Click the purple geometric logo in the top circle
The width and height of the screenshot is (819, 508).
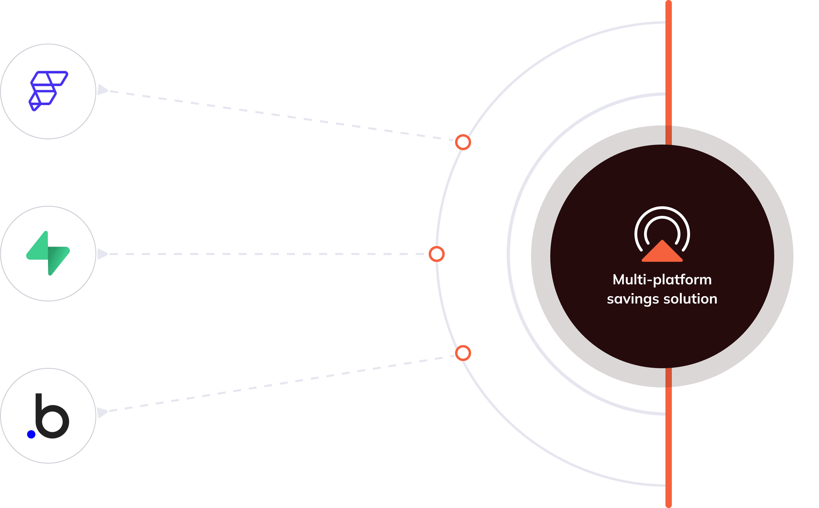click(48, 91)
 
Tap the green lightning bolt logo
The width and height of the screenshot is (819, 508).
click(48, 253)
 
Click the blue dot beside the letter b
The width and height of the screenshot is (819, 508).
click(31, 435)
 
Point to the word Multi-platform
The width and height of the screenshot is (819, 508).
click(662, 280)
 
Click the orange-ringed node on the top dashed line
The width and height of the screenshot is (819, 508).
click(463, 142)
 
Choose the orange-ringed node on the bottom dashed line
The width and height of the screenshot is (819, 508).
click(463, 353)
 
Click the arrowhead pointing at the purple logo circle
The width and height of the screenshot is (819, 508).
click(102, 90)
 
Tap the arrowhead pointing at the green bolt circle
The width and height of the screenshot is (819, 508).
click(102, 254)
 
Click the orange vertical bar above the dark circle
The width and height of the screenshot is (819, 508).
click(668, 67)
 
